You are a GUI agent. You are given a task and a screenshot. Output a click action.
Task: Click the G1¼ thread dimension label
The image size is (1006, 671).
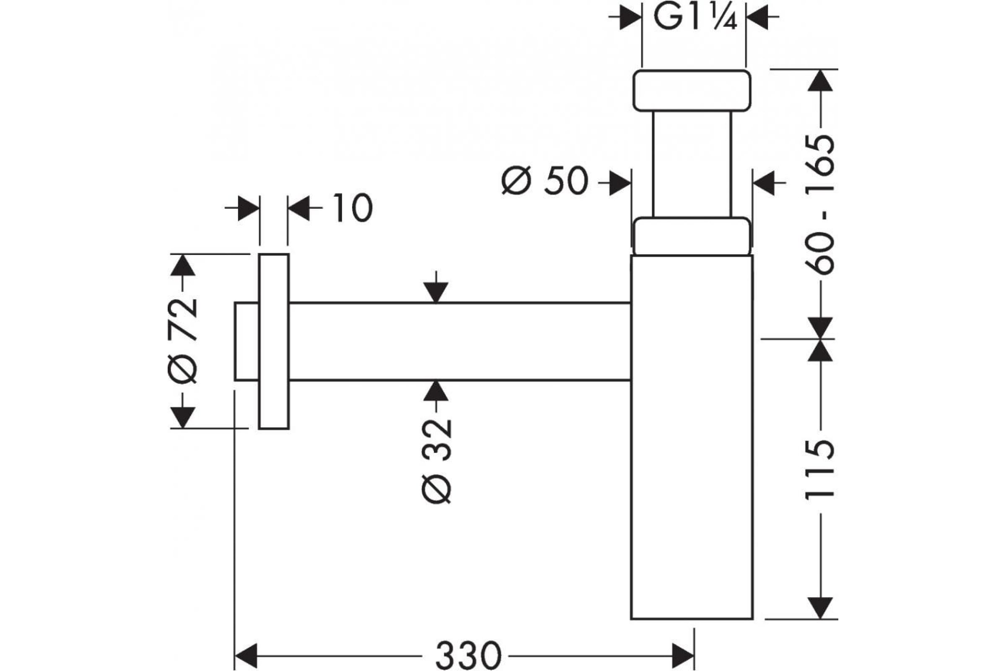pos(695,18)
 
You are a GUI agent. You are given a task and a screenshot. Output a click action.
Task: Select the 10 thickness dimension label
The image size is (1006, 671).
pos(353,208)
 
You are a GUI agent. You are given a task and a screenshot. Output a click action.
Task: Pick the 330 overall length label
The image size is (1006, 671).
pos(468,655)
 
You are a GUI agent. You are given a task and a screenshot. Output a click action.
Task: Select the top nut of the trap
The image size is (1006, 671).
pos(692,90)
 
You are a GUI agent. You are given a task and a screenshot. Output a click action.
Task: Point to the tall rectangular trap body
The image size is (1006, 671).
pos(692,437)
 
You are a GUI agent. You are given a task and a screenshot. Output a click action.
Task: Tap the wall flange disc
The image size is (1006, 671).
pos(274,341)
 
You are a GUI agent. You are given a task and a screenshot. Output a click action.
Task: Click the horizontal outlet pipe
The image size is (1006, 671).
pos(460,341)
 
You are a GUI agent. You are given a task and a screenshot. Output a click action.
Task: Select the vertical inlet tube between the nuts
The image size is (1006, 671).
pos(692,164)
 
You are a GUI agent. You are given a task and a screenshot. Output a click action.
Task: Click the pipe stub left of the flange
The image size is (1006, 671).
pos(247,341)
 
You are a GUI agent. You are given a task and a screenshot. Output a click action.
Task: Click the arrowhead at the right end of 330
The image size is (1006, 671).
pos(683,655)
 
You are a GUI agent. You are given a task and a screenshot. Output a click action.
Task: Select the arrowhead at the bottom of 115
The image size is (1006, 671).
pos(820,608)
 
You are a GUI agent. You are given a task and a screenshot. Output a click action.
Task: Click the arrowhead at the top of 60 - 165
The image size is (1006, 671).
pos(820,81)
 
